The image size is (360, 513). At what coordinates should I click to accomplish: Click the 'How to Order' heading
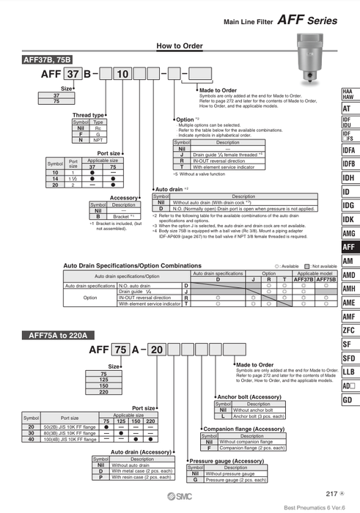point(180,47)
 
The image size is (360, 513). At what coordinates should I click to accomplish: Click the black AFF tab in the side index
point(348,247)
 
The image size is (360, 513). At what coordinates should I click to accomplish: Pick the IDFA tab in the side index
point(348,150)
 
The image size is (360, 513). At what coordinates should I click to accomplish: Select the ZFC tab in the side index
point(348,330)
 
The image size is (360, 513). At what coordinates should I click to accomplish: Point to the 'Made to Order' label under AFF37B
point(218,90)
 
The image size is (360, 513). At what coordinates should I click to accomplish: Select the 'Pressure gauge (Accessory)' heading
point(227,460)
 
